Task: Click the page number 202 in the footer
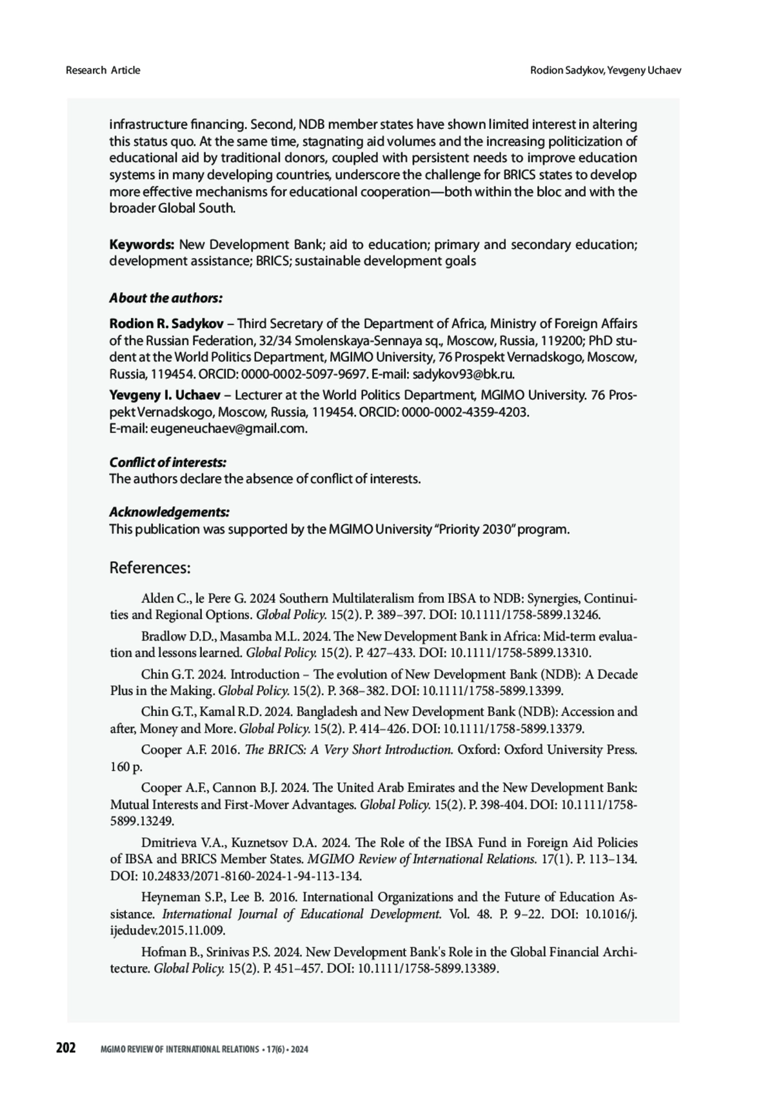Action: click(66, 1049)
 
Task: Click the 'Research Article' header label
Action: click(103, 70)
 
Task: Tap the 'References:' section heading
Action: click(150, 568)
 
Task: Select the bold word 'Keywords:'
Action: click(142, 244)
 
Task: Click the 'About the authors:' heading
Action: click(166, 298)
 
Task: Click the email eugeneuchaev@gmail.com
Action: click(228, 429)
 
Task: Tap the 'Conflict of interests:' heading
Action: click(168, 462)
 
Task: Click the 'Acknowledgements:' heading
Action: click(169, 512)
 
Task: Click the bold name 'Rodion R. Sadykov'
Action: click(166, 323)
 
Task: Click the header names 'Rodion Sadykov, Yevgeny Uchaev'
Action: click(606, 70)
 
